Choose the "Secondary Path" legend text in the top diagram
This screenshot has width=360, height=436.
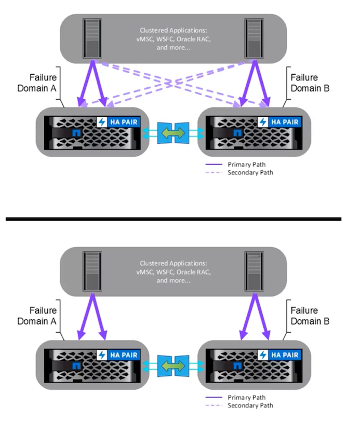pyautogui.click(x=250, y=172)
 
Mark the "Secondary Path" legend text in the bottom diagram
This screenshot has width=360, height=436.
pyautogui.click(x=250, y=405)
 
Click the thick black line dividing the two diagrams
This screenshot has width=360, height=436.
pyautogui.click(x=174, y=219)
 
